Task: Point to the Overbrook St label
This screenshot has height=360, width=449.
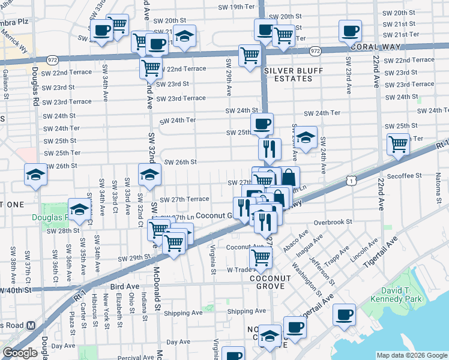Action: (331, 222)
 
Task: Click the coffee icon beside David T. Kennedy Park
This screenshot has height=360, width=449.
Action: (345, 314)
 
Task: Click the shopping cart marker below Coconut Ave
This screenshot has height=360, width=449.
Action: (261, 257)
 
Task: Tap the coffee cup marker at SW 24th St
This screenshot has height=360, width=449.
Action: (262, 125)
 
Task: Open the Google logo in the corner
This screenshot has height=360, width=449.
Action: (19, 353)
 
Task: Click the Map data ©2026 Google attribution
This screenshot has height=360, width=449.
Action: (411, 355)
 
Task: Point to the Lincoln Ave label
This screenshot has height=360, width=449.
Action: (363, 254)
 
